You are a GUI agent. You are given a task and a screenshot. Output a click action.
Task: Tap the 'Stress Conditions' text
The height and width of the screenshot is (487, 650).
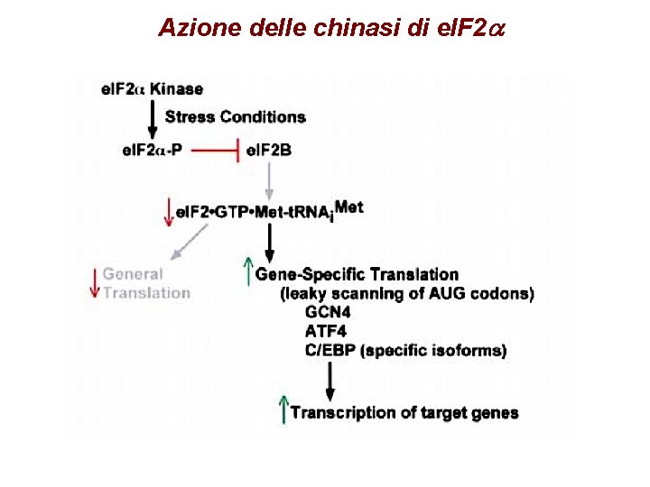pyautogui.click(x=235, y=116)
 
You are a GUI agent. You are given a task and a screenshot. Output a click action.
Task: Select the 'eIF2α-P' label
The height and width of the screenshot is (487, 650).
pyautogui.click(x=152, y=150)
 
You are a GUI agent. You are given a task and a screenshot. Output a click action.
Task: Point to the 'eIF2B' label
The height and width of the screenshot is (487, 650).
pyautogui.click(x=269, y=150)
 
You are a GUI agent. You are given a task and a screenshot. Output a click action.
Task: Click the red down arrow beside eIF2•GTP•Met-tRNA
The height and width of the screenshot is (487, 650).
pyautogui.click(x=166, y=213)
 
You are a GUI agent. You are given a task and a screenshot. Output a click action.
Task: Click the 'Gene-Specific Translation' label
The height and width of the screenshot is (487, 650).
pyautogui.click(x=357, y=274)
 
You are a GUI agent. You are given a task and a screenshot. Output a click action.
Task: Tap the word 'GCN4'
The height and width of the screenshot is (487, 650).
pyautogui.click(x=328, y=312)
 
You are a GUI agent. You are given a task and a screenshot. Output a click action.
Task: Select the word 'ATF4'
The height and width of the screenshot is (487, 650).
pyautogui.click(x=326, y=331)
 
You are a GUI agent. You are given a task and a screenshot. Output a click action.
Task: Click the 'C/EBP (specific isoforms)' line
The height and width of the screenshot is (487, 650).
pyautogui.click(x=406, y=350)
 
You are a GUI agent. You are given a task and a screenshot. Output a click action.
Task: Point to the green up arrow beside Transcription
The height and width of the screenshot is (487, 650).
pyautogui.click(x=283, y=410)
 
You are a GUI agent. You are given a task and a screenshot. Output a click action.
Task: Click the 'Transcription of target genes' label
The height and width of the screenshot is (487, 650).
pyautogui.click(x=404, y=413)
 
